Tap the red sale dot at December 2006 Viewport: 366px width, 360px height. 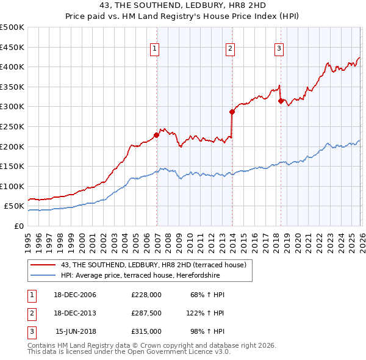(157, 135)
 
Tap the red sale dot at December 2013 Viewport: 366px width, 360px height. (232, 112)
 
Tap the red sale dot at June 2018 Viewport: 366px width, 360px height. (281, 101)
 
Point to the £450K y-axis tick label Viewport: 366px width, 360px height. (12, 47)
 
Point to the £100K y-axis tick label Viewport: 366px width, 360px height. (12, 186)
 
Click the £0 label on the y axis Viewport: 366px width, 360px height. (19, 226)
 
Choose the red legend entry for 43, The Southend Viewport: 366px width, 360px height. (152, 265)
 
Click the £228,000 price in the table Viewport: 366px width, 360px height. (146, 295)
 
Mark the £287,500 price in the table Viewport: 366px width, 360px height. (146, 313)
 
